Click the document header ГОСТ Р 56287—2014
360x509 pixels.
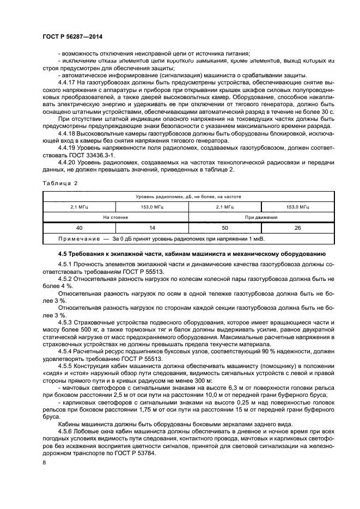click(72, 36)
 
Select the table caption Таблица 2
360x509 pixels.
click(60, 183)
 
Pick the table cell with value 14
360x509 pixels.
click(151, 228)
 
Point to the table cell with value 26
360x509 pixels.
click(298, 228)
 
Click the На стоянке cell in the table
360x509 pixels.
click(115, 217)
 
